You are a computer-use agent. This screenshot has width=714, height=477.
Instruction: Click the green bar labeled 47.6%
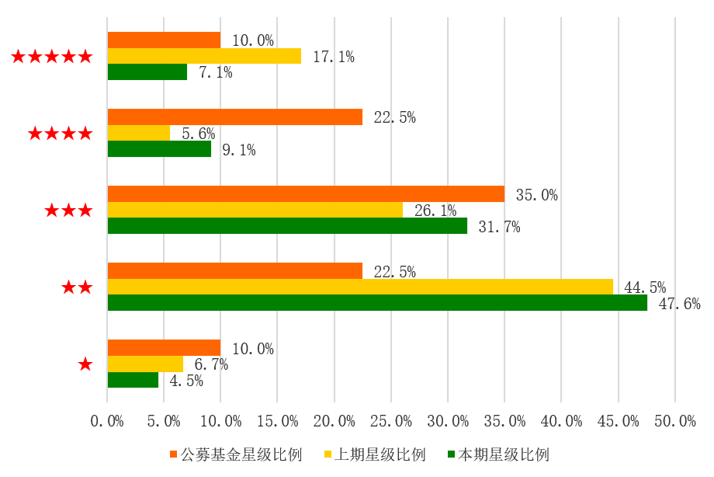(x=377, y=303)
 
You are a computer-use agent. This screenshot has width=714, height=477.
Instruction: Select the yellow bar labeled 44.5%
(x=360, y=287)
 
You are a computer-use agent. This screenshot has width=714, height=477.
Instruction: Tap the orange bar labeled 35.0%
(x=306, y=194)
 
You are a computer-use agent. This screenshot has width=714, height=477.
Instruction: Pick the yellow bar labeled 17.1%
(x=204, y=56)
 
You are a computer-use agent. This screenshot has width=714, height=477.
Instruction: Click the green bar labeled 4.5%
(x=133, y=380)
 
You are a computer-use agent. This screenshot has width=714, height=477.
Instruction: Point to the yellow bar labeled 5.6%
(x=139, y=133)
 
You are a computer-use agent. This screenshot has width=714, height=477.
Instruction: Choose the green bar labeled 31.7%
(x=287, y=226)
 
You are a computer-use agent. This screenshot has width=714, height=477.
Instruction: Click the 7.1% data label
(x=216, y=72)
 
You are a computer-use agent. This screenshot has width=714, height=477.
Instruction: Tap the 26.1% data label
(x=435, y=211)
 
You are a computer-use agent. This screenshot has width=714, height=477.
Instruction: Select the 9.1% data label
(x=239, y=149)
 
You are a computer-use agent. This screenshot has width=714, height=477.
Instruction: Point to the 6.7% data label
(x=211, y=364)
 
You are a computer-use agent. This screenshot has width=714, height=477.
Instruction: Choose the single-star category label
(x=85, y=364)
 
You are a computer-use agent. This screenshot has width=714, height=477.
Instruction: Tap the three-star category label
(x=69, y=211)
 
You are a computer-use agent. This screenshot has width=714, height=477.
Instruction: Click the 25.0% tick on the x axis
(x=391, y=421)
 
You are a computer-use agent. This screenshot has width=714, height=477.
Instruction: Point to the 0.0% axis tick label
(x=107, y=421)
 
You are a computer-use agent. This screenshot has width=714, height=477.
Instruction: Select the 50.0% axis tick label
(x=675, y=421)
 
